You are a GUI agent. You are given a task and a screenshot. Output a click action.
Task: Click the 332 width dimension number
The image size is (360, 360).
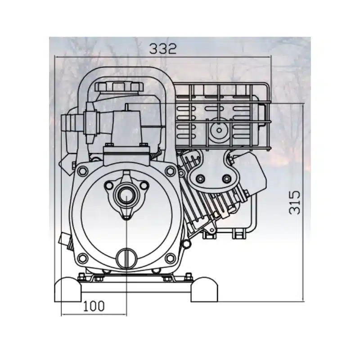(x=163, y=49)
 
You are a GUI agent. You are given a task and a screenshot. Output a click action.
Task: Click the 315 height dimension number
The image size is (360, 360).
(x=295, y=202)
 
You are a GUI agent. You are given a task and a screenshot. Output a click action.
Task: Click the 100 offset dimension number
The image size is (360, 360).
(x=94, y=306)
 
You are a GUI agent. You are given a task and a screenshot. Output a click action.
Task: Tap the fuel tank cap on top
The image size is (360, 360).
(x=119, y=86)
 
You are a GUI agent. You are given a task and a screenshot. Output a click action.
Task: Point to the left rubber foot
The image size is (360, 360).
(x=68, y=290)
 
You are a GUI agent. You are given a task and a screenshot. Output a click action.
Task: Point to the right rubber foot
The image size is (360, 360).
(x=204, y=290)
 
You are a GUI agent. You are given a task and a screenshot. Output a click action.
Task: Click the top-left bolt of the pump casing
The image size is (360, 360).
(x=83, y=171)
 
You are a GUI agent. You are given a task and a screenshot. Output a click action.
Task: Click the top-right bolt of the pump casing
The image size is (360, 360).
(x=171, y=171)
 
